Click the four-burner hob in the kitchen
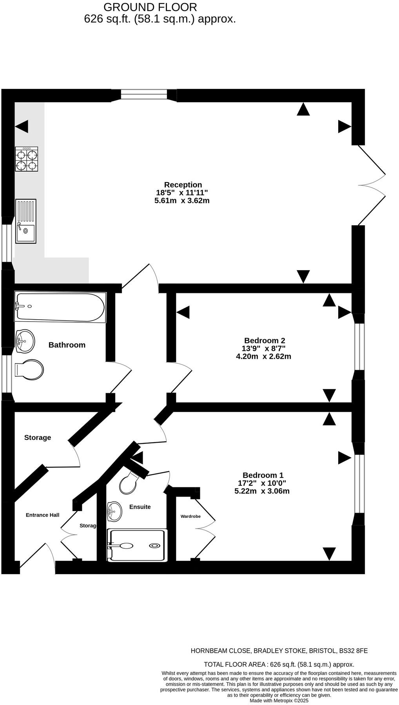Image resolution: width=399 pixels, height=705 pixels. tap(27, 159)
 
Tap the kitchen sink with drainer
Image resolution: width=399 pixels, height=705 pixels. tap(25, 221)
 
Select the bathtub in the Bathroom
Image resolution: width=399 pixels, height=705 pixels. tap(60, 307)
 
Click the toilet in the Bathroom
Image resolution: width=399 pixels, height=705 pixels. tap(29, 370)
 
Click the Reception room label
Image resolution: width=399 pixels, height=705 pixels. tap(183, 185)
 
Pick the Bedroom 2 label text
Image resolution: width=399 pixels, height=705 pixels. tap(264, 341)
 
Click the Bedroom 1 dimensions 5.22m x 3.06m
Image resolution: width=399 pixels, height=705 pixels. tap(262, 491)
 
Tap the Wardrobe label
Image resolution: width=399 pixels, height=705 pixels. tap(190, 516)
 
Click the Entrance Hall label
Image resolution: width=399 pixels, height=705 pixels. tap(42, 515)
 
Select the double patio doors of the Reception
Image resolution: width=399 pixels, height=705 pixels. tap(372, 185)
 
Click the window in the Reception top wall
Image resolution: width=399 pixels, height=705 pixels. tap(144, 95)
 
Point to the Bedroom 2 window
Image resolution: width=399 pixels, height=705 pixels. tap(359, 347)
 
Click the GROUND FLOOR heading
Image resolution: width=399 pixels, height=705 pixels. tap(150, 7)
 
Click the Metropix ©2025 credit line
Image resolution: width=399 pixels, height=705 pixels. tap(279, 701)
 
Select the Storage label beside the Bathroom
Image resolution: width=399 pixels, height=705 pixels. tap(38, 437)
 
